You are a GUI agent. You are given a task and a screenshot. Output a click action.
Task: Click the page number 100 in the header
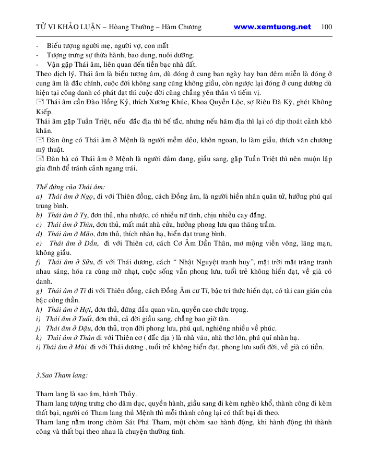tap(327, 27)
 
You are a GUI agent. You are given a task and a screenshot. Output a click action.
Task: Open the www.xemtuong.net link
tap(272, 27)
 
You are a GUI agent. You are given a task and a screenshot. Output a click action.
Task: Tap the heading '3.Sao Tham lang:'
tap(62, 375)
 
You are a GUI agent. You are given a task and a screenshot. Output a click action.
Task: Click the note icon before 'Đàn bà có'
tap(40, 159)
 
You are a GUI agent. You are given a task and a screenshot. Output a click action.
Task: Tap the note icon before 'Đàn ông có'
tap(40, 140)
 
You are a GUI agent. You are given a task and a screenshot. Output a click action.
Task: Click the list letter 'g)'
tap(39, 290)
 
